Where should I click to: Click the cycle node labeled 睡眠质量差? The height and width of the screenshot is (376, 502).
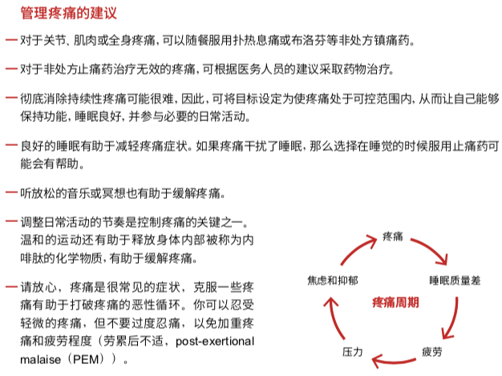pos(454,281)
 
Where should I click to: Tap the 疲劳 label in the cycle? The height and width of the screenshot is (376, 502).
pos(431,351)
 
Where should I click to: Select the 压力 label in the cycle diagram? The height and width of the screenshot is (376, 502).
pos(353,351)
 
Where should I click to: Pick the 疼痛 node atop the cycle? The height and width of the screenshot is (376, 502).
pos(392,236)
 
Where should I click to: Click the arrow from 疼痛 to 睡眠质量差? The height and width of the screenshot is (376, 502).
pos(431,249)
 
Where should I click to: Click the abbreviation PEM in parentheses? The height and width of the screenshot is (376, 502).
pos(87,360)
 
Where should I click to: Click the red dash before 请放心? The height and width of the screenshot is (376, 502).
pos(10,286)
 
